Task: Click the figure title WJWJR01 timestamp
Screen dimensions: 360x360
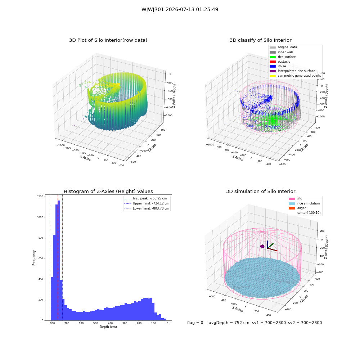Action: (180, 9)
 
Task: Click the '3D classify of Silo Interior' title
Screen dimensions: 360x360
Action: (261, 40)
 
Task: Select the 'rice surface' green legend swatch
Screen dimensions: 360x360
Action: (273, 57)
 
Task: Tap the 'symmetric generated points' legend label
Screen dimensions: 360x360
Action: (299, 76)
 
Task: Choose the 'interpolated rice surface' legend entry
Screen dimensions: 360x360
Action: (292, 71)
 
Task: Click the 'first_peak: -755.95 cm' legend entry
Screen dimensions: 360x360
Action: (145, 198)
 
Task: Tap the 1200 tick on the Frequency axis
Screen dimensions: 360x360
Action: (40, 197)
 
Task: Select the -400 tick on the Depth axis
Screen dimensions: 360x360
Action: (109, 323)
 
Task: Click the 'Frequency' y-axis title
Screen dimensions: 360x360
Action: (34, 258)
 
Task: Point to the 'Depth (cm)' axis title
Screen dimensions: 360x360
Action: (108, 327)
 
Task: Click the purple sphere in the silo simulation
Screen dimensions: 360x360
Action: (262, 246)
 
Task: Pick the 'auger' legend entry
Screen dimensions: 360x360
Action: (297, 208)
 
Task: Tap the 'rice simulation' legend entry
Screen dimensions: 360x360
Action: (304, 203)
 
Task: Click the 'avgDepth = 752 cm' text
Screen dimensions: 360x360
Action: (229, 323)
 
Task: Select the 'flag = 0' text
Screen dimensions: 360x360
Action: (195, 323)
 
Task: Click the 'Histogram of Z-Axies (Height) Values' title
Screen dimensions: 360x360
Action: (108, 192)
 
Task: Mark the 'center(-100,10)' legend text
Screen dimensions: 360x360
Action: (309, 213)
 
